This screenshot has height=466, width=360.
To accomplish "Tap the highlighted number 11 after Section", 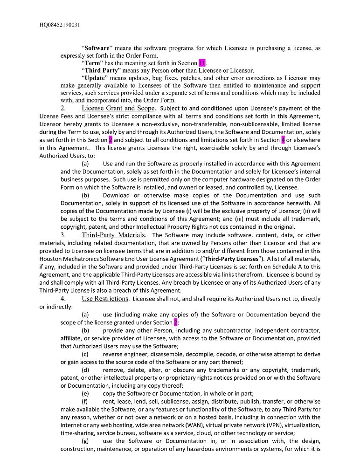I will point(202,63).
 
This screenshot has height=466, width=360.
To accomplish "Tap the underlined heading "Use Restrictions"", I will point(105,298).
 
